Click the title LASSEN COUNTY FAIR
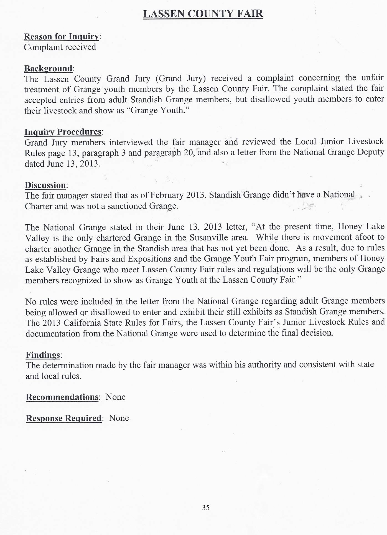[203, 14]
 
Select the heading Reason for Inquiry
[61, 37]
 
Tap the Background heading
[48, 68]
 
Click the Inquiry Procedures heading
[63, 132]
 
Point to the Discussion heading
[45, 185]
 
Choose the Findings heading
[43, 355]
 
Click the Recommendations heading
[62, 397]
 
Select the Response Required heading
[64, 418]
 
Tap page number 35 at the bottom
[206, 508]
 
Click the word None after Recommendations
[116, 397]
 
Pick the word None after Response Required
[119, 418]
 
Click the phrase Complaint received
[60, 47]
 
